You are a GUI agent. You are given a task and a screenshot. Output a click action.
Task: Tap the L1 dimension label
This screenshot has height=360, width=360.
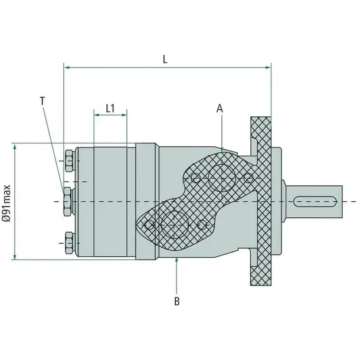(110, 109)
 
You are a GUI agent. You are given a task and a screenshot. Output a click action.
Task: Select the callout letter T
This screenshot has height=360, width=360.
(42, 101)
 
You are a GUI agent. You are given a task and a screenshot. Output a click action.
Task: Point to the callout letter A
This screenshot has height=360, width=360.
(220, 108)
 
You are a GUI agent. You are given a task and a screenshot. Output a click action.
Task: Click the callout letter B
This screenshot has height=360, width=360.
(176, 302)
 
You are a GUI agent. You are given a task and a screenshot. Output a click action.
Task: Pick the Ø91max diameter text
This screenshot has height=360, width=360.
(6, 201)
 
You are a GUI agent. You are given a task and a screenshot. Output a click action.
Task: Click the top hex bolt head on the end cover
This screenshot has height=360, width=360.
(68, 159)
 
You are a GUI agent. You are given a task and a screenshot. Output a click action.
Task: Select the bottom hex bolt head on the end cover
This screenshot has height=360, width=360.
(68, 241)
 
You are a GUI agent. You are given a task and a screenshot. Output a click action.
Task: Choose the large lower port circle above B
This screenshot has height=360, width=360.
(176, 224)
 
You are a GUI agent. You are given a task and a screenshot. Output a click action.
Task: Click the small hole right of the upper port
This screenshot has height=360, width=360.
(248, 176)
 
